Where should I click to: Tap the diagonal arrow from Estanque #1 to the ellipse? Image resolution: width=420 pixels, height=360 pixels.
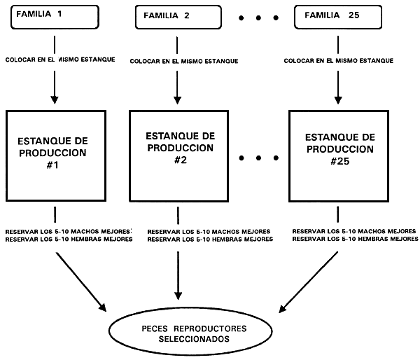pyautogui.click(x=80, y=283)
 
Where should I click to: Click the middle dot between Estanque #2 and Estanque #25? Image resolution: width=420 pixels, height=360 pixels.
pyautogui.click(x=258, y=159)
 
